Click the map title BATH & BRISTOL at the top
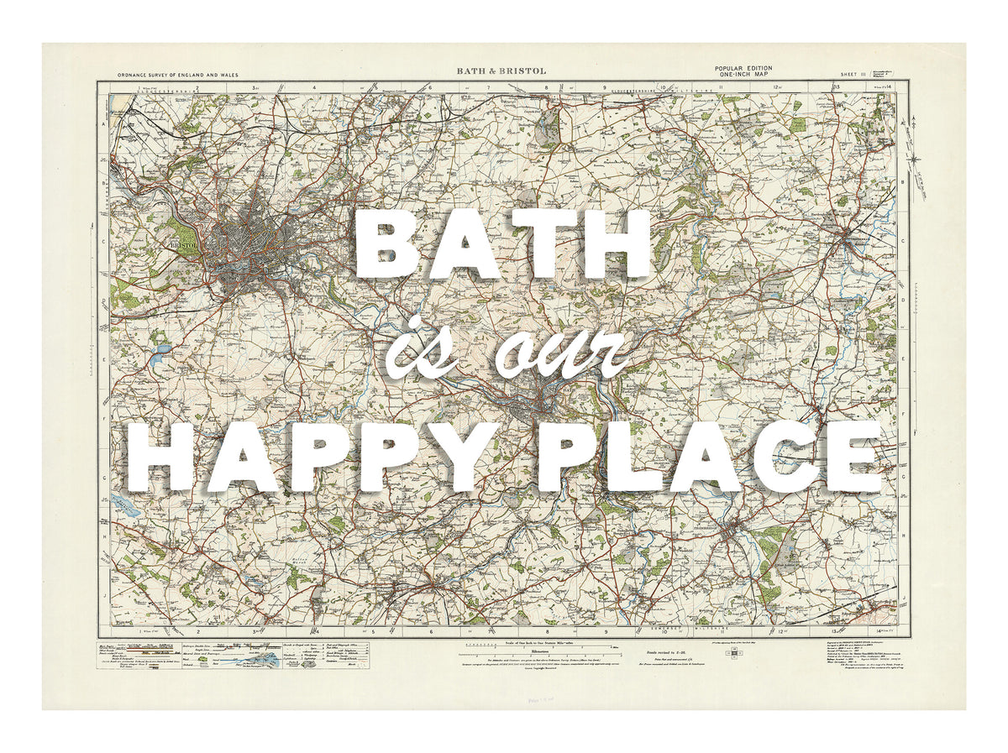coord(501,71)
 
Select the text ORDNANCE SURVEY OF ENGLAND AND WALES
coord(178,76)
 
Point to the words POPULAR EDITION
coord(743,68)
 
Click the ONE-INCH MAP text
coord(743,76)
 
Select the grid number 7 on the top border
coord(488,86)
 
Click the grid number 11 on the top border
coord(720,86)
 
